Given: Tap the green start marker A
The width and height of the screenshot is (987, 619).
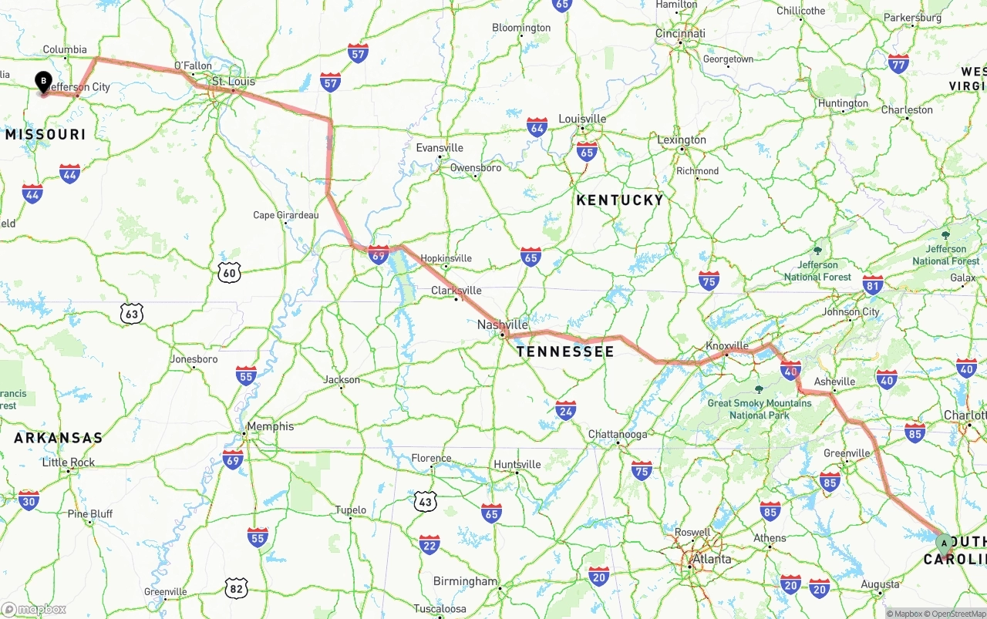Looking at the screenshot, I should tap(944, 543).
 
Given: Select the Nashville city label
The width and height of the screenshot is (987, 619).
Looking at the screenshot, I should tap(502, 325).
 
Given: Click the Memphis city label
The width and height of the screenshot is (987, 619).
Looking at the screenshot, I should tap(270, 426).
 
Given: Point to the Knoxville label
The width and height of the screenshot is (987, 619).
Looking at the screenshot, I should tap(727, 345).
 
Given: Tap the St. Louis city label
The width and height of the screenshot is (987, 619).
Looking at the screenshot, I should tap(233, 81).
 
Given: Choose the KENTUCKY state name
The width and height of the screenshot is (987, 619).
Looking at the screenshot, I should tap(620, 200).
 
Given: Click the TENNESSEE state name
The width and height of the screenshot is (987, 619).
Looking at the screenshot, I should tap(565, 352).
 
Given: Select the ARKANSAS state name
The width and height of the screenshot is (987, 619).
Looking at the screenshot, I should tap(58, 438).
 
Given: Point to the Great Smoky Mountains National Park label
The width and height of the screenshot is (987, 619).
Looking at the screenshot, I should tap(760, 409).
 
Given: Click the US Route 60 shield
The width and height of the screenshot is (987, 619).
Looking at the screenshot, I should tap(229, 271).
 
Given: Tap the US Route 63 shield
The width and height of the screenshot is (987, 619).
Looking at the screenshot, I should tap(132, 313).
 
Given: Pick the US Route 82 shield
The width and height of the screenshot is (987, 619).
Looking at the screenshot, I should tap(237, 588).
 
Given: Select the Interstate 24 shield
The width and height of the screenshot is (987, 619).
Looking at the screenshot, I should tap(566, 410).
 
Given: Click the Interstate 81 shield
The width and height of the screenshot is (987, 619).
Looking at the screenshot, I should tap(873, 284).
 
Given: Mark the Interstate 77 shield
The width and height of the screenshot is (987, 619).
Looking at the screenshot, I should tap(898, 64).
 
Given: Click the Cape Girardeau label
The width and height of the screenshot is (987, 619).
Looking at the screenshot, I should tap(285, 215).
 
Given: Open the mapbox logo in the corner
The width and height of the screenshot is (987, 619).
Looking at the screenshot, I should tap(34, 609).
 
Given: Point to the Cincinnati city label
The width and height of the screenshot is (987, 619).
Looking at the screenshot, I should tap(680, 33).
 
